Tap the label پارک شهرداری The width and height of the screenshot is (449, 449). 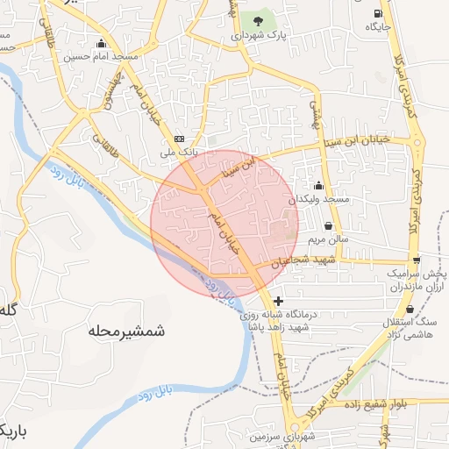[x=260, y=37]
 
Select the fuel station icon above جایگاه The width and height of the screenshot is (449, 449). [x=378, y=13]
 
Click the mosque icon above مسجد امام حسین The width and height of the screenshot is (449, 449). [x=103, y=44]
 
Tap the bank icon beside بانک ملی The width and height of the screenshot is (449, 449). [x=180, y=139]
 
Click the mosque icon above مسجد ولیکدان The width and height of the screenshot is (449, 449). [x=318, y=185]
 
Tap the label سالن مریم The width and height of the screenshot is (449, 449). [x=328, y=239]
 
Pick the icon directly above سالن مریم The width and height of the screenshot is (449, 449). [x=329, y=224]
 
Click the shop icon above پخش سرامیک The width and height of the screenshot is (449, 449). [x=417, y=260]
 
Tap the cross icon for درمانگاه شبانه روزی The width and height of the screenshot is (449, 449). [x=278, y=301]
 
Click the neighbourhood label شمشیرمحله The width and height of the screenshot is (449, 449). [x=127, y=331]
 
